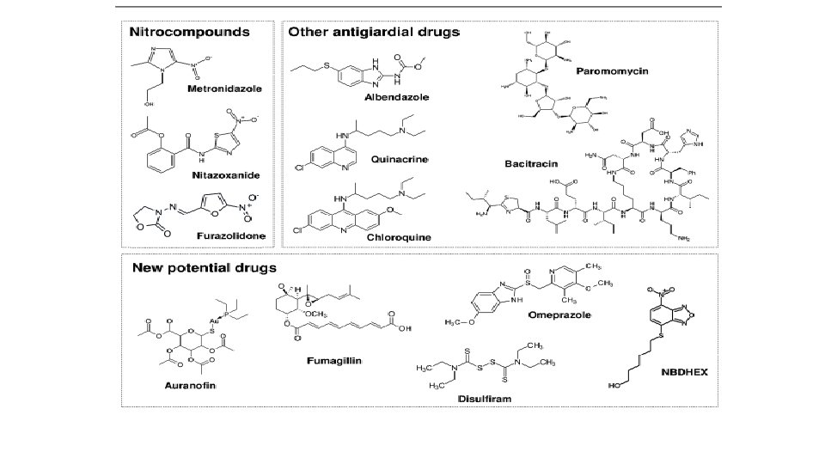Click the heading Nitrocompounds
(x=189, y=33)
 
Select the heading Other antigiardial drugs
(x=374, y=33)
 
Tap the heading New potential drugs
(x=204, y=266)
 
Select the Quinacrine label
(x=396, y=159)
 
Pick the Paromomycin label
(x=613, y=70)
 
